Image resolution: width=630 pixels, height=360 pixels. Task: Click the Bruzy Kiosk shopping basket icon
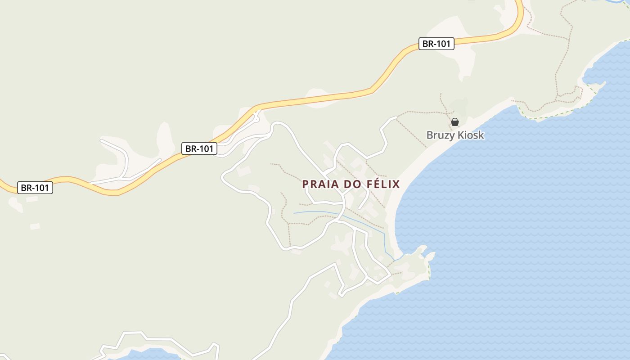click(455, 122)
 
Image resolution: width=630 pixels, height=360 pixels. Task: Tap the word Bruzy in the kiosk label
click(441, 135)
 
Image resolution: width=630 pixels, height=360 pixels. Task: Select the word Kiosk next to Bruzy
click(470, 135)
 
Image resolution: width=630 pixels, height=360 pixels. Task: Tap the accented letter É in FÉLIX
click(373, 184)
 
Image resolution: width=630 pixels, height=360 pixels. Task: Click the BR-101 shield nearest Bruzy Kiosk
click(436, 44)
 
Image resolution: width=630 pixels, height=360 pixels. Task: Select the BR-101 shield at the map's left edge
click(35, 188)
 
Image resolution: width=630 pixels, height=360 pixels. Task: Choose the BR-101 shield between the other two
click(199, 148)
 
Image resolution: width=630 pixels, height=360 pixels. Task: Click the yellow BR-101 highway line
click(315, 100)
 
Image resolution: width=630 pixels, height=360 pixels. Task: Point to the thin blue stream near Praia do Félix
click(315, 212)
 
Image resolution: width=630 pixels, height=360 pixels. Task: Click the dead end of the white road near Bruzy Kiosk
click(396, 117)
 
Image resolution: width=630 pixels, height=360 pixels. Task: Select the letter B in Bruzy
click(430, 135)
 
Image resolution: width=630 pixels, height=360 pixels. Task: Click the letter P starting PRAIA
click(305, 184)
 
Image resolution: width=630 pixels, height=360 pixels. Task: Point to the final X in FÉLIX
click(396, 184)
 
